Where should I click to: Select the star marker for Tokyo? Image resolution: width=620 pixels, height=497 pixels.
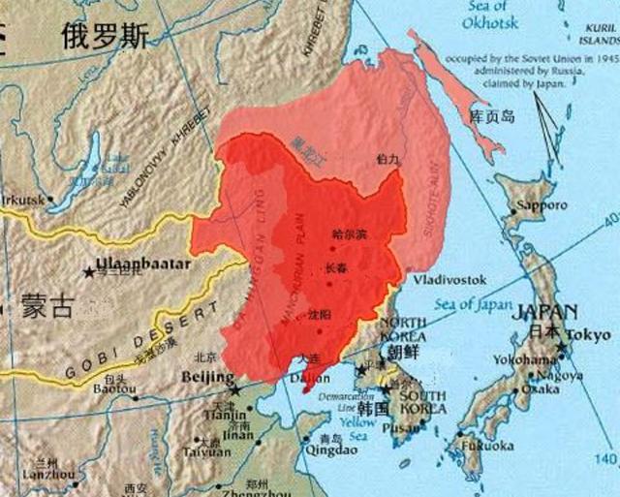pyautogui.click(x=561, y=347)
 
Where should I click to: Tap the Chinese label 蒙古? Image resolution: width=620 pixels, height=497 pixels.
pyautogui.click(x=46, y=308)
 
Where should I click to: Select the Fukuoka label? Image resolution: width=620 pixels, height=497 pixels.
pyautogui.click(x=486, y=446)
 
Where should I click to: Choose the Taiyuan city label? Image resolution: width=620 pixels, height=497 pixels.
pyautogui.click(x=207, y=451)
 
